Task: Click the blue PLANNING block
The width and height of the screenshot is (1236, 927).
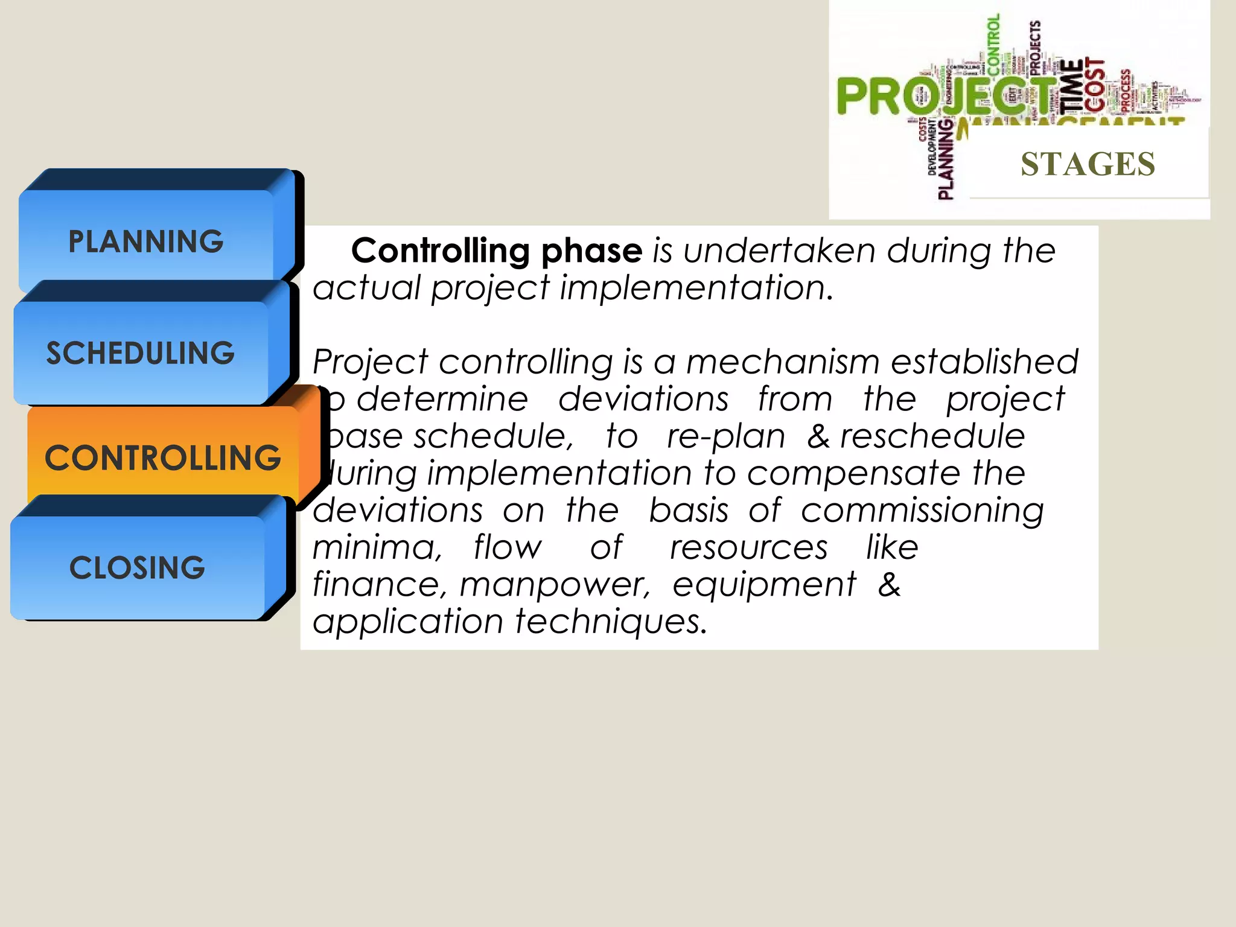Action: click(x=146, y=241)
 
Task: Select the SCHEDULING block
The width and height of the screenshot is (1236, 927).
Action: click(x=140, y=353)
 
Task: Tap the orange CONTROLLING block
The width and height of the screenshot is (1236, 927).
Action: click(x=163, y=457)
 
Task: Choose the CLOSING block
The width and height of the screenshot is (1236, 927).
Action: click(x=138, y=567)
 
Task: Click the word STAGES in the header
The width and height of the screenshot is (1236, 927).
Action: click(x=1088, y=164)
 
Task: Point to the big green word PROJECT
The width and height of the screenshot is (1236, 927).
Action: click(x=941, y=97)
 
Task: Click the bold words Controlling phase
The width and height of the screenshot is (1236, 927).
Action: click(x=496, y=250)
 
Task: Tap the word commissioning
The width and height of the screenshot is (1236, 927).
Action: click(x=922, y=511)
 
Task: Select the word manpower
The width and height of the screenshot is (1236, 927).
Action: click(x=554, y=585)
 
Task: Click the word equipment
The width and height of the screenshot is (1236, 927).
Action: click(x=764, y=585)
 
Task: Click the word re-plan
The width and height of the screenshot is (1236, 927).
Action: click(x=725, y=436)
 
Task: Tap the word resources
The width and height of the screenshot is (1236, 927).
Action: click(x=748, y=548)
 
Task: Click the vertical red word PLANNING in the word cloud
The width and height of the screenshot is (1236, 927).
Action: click(x=945, y=160)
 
